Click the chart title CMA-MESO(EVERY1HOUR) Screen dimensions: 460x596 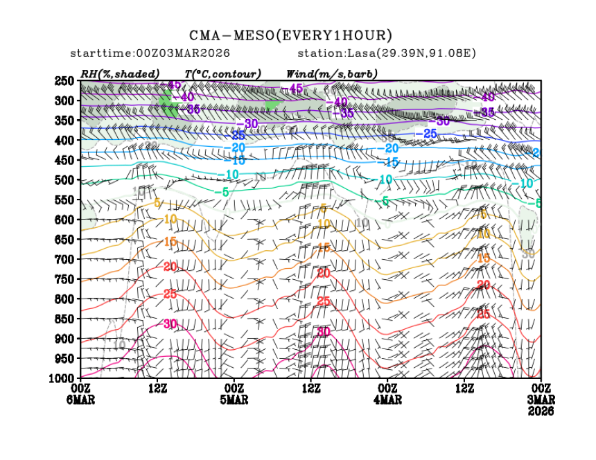tap(290, 35)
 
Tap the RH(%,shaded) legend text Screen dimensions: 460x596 tap(120, 73)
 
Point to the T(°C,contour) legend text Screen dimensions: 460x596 tap(222, 73)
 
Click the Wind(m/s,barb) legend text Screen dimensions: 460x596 tap(331, 73)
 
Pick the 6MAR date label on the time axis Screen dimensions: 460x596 tap(81, 400)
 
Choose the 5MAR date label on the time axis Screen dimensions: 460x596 tap(234, 400)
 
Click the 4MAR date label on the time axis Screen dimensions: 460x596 tap(387, 400)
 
